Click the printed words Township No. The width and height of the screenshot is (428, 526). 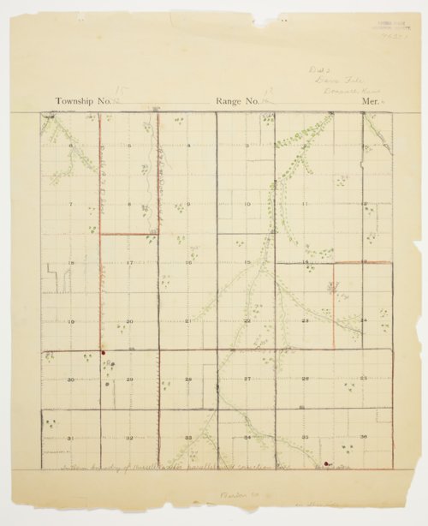tap(83, 101)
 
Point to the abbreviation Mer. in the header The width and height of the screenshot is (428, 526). tap(369, 101)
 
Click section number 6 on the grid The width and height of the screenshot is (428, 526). tap(70, 146)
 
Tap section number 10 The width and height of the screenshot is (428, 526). tap(247, 205)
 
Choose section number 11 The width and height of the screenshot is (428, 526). tap(305, 205)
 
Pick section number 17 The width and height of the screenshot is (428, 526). tap(128, 263)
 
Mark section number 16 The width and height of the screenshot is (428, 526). tap(187, 263)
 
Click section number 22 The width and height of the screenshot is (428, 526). tap(247, 321)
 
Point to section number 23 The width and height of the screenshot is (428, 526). tap(305, 321)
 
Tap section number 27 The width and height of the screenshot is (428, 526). tap(247, 379)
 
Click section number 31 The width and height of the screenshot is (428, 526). tap(70, 438)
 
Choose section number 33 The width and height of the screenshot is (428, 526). tap(187, 438)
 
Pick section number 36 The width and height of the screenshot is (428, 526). tap(364, 438)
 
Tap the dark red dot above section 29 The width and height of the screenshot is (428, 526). tap(103, 351)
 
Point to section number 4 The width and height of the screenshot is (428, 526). tap(187, 146)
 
